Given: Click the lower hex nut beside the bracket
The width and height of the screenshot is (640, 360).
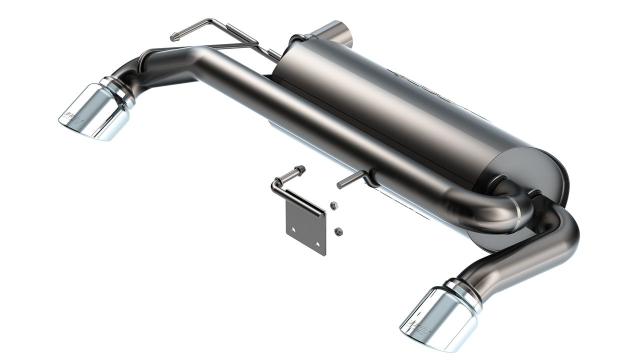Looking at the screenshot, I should [x=338, y=231].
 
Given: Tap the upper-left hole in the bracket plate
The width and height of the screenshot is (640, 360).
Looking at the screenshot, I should [x=293, y=229].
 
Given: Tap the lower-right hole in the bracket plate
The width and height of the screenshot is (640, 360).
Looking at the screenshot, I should [x=317, y=244].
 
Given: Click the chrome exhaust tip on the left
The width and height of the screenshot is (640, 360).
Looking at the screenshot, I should [x=95, y=112].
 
